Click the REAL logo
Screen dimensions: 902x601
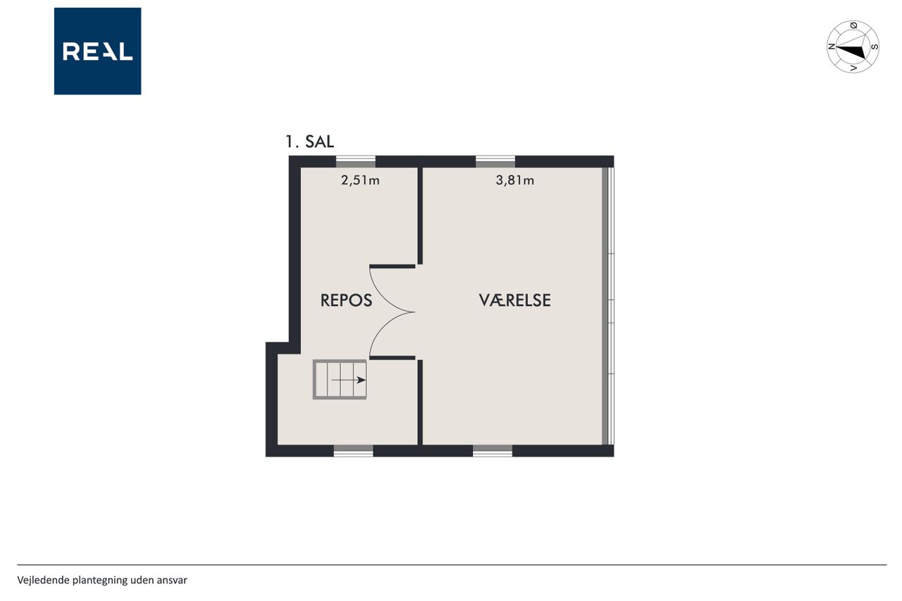pos(97,51)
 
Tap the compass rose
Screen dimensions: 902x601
pos(853,47)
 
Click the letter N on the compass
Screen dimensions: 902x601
pos(831,47)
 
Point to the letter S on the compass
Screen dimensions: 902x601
pos(875,47)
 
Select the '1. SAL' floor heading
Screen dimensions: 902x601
pos(309,142)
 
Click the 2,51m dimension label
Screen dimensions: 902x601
pos(360,180)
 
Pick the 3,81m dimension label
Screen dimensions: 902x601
pos(514,180)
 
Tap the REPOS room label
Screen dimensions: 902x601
pos(346,300)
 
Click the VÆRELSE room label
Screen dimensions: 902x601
pos(514,300)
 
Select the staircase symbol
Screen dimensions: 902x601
pos(340,380)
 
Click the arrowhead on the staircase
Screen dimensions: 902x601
pos(362,380)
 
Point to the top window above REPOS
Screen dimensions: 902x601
pos(356,161)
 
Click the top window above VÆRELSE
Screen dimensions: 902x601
pos(495,161)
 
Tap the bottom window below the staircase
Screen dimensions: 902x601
pos(354,451)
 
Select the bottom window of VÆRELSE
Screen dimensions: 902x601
pos(493,451)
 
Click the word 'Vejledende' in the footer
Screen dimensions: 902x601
pos(43,580)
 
